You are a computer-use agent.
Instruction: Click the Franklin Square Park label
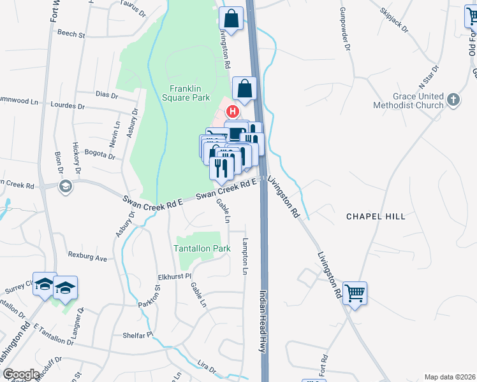[189, 94]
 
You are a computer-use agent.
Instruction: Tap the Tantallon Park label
[202, 248]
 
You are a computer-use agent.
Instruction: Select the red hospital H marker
[233, 111]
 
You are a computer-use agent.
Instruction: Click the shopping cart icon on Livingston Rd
[355, 294]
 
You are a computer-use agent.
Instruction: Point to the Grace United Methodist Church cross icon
[453, 99]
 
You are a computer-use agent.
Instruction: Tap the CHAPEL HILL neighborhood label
[376, 216]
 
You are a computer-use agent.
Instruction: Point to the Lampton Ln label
[245, 257]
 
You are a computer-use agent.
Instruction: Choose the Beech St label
[71, 34]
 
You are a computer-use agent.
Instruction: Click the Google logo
[21, 374]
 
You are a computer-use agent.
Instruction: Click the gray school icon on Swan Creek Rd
[64, 186]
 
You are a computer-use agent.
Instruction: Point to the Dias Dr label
[106, 95]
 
